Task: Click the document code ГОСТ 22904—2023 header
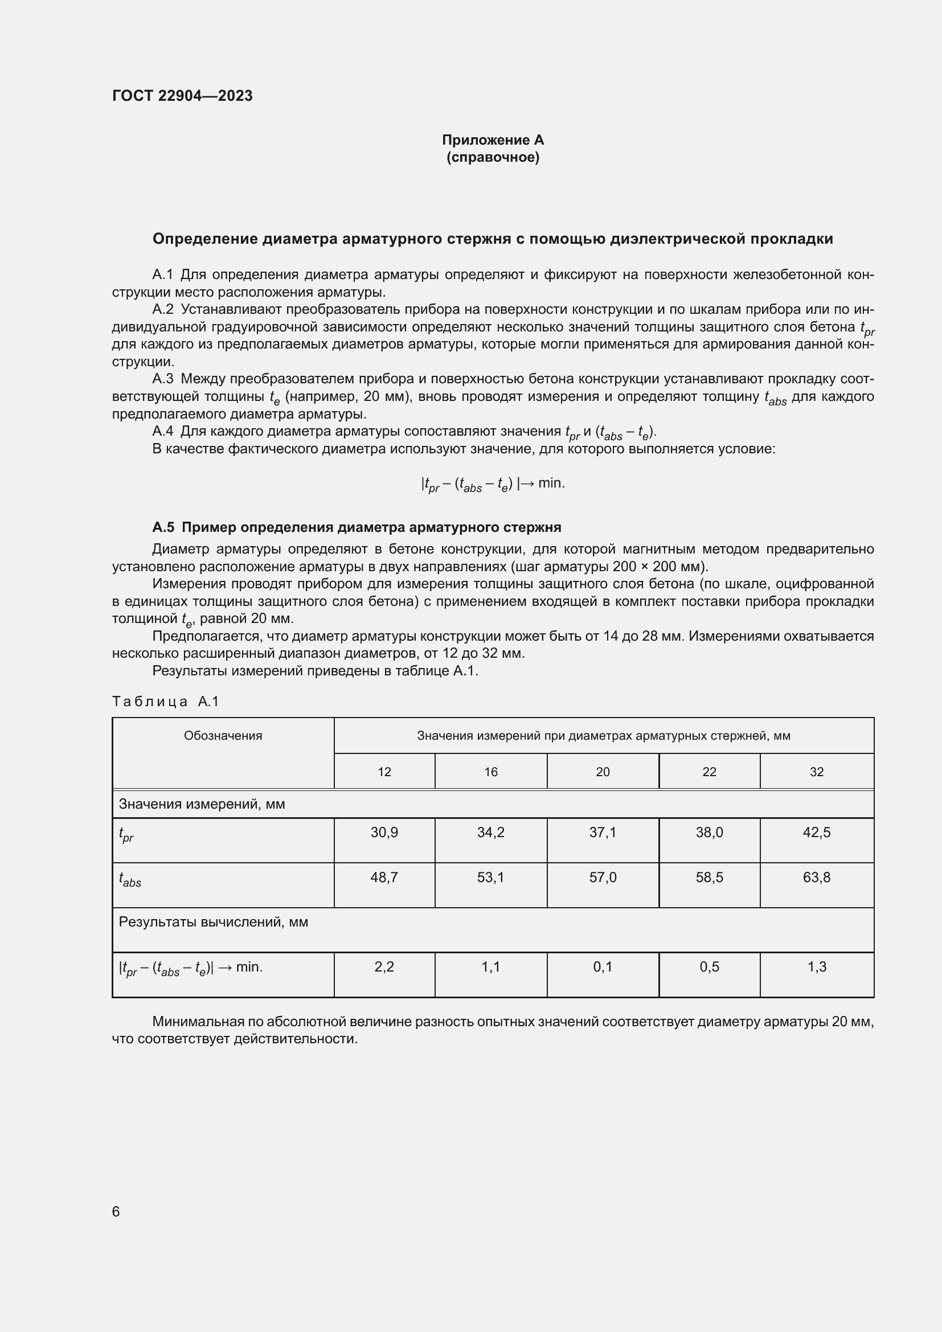tap(182, 96)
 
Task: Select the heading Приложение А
tap(493, 140)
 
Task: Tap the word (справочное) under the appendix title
tap(493, 157)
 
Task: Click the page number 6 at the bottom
tap(116, 1211)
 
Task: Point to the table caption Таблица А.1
tap(165, 702)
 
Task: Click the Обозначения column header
tap(223, 736)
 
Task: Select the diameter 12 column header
tap(384, 772)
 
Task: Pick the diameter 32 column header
tap(816, 772)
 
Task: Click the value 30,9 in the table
tap(384, 833)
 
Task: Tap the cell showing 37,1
tap(603, 833)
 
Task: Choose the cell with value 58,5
tap(709, 877)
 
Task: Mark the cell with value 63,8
tap(816, 877)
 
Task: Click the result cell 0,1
tap(603, 966)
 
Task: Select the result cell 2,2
tap(384, 966)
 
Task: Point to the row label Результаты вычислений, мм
tap(214, 922)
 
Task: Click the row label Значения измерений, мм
tap(202, 804)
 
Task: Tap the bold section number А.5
tap(163, 527)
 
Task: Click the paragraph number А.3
tap(163, 379)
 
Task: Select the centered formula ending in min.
tap(493, 484)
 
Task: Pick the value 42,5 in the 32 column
tap(816, 833)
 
